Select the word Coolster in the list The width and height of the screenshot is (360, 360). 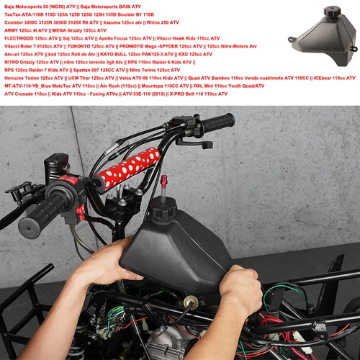[x=15, y=22]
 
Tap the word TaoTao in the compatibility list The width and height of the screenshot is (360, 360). [x=14, y=14]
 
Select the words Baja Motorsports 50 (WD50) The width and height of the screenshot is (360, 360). [x=35, y=6]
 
